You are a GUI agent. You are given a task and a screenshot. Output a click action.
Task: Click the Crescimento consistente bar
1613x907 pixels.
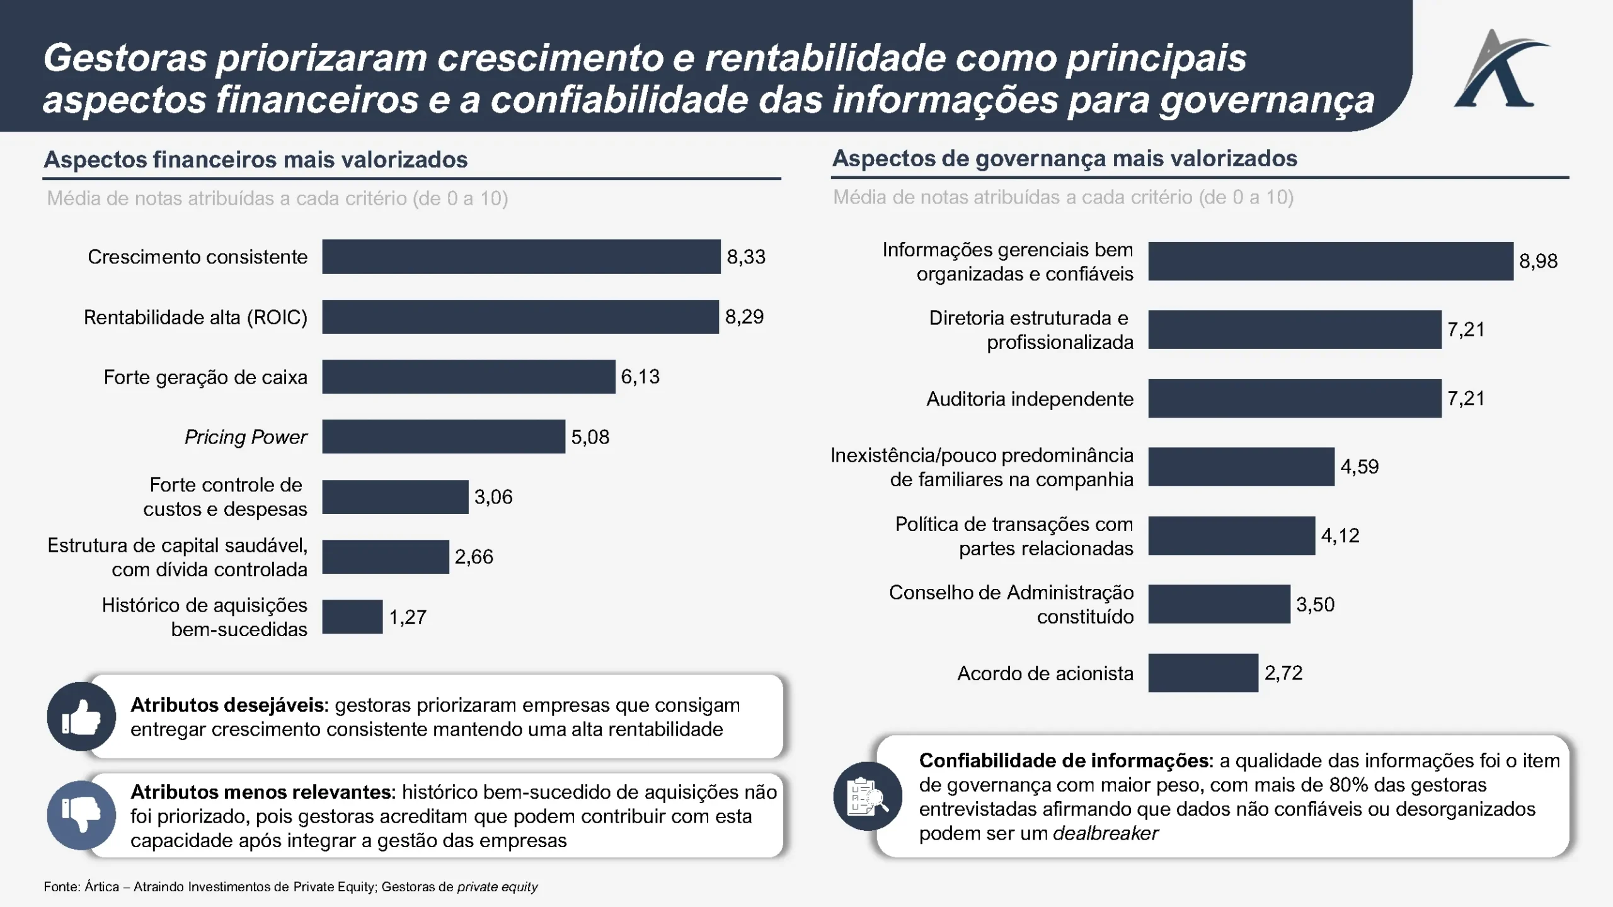(521, 256)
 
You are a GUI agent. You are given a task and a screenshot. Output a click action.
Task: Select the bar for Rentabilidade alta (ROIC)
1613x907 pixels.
(520, 316)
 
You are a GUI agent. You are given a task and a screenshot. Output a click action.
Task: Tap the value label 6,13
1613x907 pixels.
(640, 377)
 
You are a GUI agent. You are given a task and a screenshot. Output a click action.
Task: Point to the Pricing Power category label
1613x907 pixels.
(246, 437)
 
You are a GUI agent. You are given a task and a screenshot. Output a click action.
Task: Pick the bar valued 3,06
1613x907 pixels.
(395, 497)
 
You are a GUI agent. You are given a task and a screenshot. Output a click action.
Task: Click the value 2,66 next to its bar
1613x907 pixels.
(474, 557)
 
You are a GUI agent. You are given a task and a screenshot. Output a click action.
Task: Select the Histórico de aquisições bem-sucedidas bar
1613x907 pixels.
(352, 617)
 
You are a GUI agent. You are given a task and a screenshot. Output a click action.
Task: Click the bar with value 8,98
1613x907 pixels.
(1330, 261)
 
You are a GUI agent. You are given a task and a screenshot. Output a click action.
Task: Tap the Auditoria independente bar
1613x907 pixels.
(1294, 398)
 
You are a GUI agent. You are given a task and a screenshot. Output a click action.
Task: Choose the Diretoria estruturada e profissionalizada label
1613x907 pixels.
(1031, 329)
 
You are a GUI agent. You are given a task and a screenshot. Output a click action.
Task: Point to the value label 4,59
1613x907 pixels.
(1359, 467)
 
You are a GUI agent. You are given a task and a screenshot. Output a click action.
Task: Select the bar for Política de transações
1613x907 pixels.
(1231, 535)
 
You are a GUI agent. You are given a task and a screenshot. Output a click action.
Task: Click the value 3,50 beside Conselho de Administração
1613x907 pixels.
(1315, 605)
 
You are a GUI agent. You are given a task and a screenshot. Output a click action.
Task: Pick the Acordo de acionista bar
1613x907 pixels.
(1203, 673)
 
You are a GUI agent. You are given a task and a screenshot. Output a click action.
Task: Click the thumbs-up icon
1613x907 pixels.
(81, 717)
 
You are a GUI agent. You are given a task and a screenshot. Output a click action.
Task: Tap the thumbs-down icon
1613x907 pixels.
(81, 815)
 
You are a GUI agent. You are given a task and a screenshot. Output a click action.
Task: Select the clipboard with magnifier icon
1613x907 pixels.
(868, 797)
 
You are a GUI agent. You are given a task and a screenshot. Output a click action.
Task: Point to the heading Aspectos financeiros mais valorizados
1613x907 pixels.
(256, 159)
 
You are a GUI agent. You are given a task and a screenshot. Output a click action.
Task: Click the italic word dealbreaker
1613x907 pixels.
(1106, 833)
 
